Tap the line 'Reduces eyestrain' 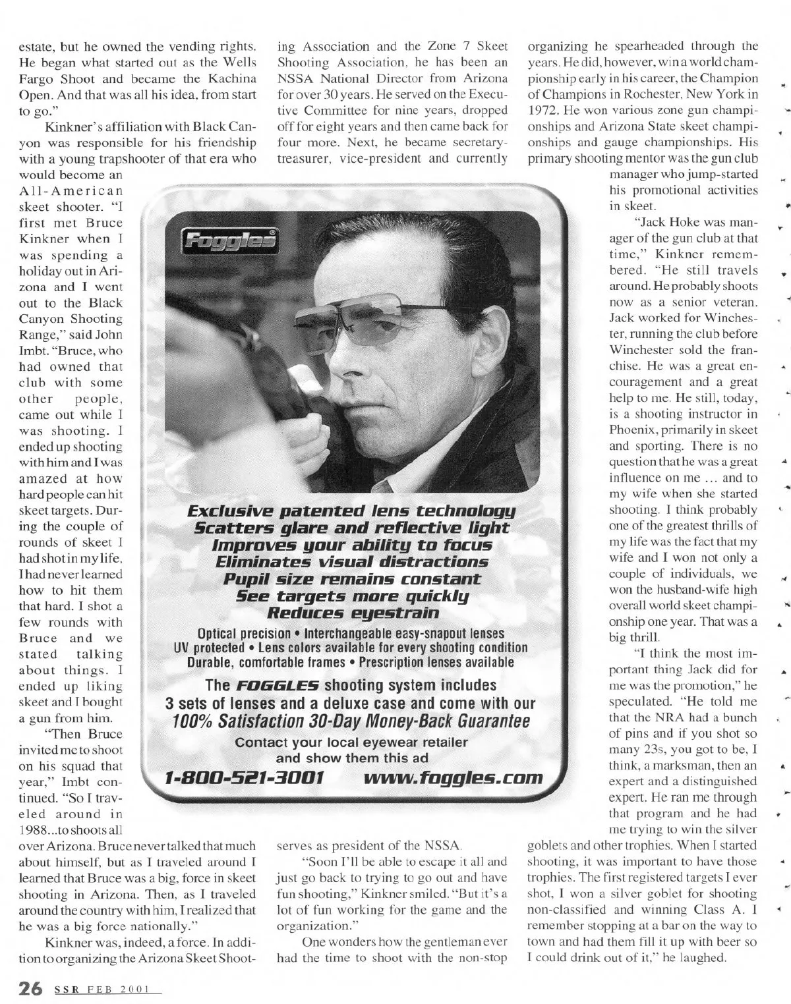click(351, 613)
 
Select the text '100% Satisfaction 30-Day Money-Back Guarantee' click(351, 721)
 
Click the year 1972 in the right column click(543, 110)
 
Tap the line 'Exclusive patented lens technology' click(351, 511)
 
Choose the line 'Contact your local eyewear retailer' click(351, 743)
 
